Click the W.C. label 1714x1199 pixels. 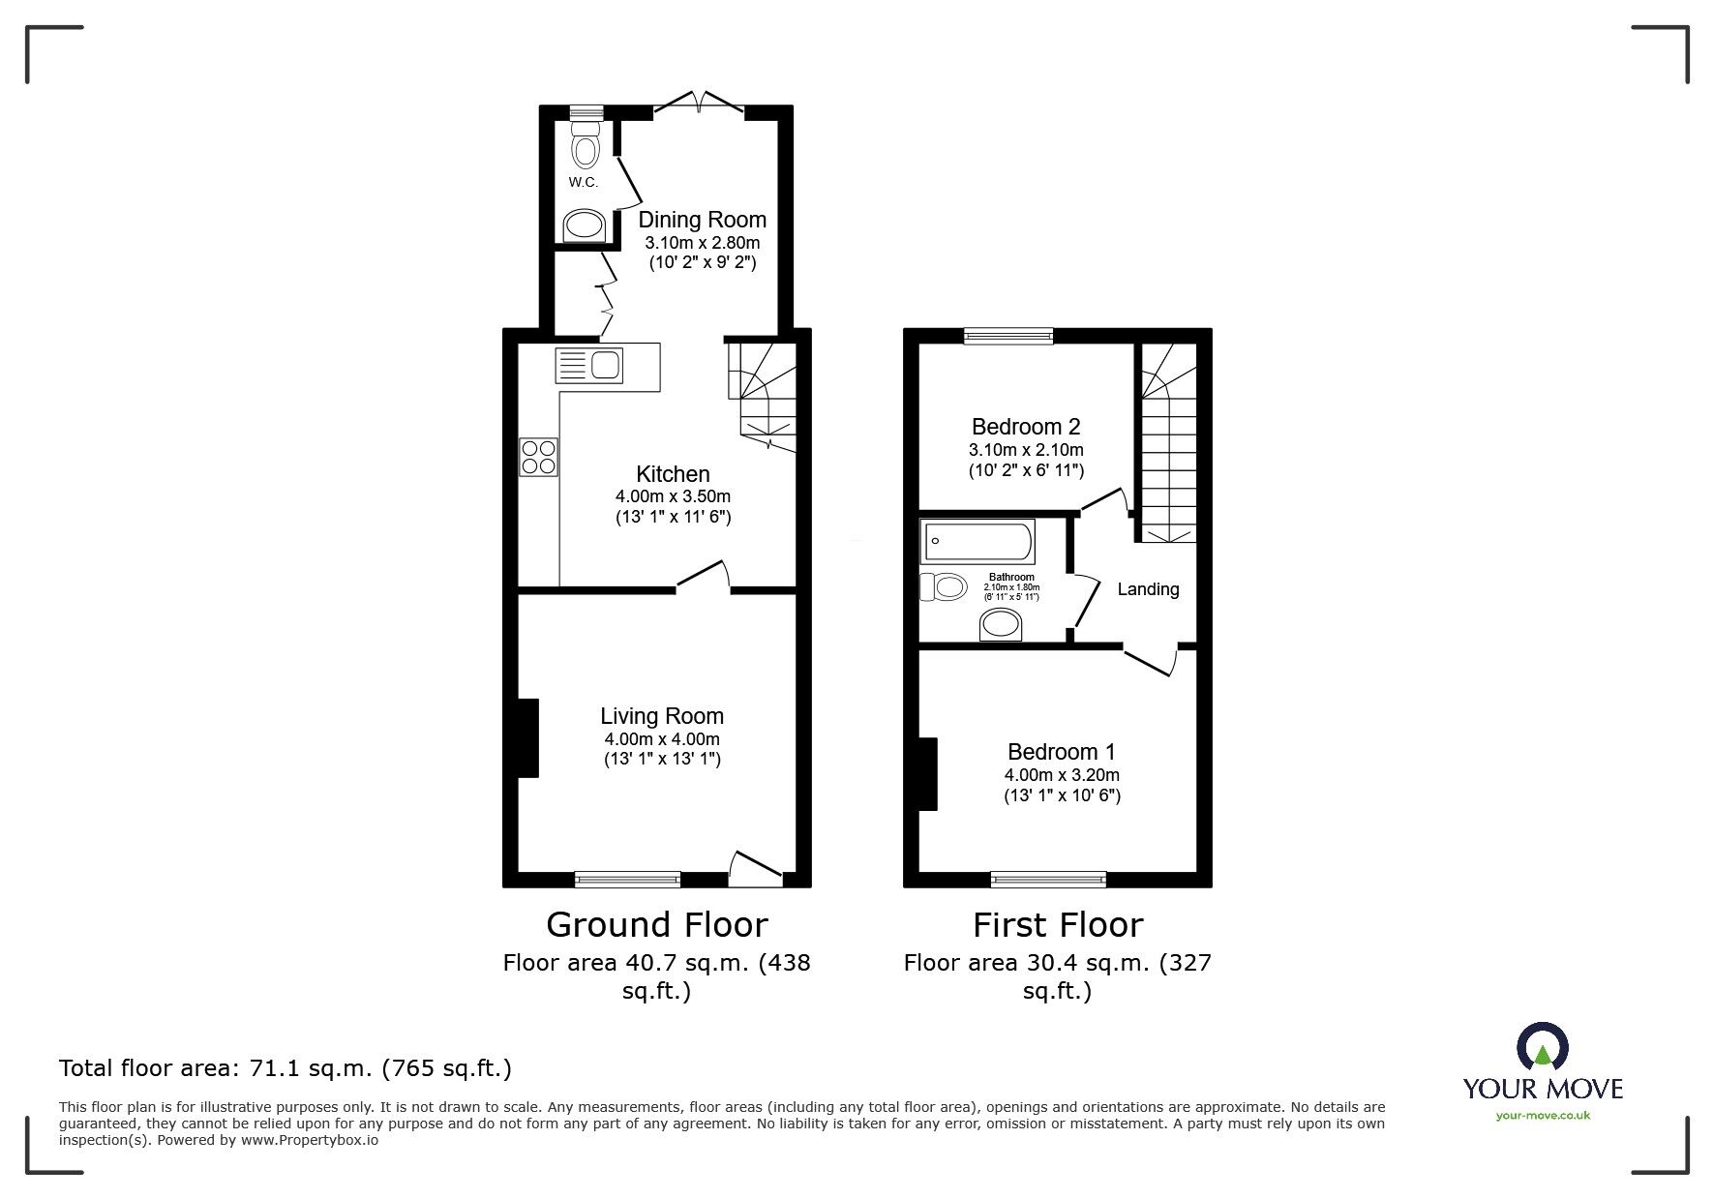584,182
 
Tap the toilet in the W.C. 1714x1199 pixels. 586,143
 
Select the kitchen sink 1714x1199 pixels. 589,366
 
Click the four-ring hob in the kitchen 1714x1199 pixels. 539,457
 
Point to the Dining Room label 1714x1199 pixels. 702,220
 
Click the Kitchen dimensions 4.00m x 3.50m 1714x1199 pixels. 674,496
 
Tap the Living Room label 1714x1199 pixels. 662,716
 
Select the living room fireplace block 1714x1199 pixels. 528,737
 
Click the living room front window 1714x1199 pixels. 627,880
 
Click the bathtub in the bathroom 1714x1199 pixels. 977,541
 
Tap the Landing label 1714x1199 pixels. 1149,589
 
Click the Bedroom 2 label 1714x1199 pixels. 1026,427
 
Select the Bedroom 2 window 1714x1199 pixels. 1008,336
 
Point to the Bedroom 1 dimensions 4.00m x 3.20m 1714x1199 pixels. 1062,775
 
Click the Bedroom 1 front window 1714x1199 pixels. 1048,880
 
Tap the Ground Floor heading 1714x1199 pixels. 657,925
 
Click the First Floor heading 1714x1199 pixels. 1058,925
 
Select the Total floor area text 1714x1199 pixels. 286,1068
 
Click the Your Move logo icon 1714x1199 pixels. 1543,1047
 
